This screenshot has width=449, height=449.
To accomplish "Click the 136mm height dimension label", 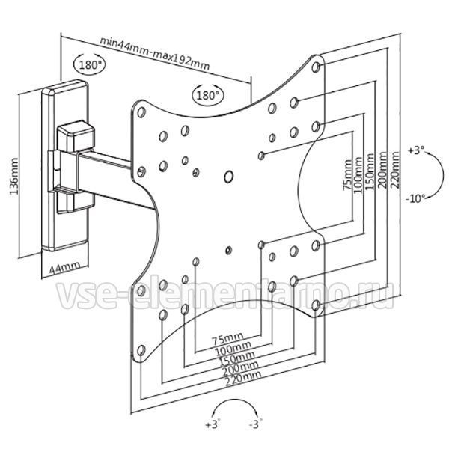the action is (14, 176).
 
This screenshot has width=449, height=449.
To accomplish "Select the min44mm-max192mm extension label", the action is (155, 54).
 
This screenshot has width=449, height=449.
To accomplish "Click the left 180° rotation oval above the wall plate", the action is (89, 64).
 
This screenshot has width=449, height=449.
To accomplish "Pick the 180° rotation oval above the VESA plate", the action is (208, 94).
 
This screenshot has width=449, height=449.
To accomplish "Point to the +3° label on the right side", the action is (416, 150).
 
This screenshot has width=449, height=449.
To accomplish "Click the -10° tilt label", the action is (415, 198).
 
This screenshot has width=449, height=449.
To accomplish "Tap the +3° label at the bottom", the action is (213, 424).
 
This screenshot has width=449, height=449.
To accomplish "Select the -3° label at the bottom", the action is (256, 424).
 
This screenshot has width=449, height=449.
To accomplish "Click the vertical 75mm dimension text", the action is (347, 175).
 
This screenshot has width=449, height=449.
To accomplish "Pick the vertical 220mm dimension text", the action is (395, 170).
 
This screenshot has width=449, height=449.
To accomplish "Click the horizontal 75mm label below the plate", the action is (227, 339).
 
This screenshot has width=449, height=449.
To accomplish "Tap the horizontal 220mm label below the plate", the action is (243, 378).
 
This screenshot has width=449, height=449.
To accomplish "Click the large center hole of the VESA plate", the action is (228, 177).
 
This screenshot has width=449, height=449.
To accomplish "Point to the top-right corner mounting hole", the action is (316, 67).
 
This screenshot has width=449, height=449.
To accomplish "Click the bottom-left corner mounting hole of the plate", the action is (141, 350).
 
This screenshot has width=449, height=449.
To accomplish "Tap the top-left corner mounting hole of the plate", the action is (141, 112).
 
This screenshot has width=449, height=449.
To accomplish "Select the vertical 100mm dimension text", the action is (358, 175).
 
